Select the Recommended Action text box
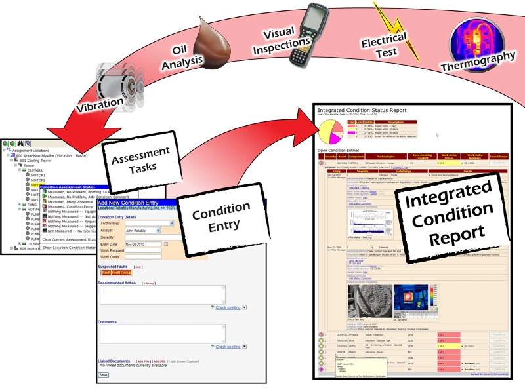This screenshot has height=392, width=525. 161,294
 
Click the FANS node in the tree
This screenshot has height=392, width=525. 31,186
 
